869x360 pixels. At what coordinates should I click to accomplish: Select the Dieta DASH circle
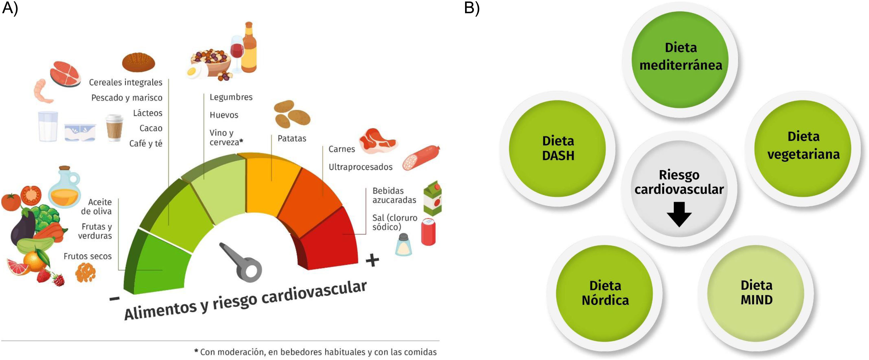[557, 149]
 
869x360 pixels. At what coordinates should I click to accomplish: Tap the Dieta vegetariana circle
[803, 149]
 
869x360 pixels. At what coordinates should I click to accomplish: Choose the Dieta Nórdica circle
[604, 293]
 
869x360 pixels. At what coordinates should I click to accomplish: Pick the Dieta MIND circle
[756, 293]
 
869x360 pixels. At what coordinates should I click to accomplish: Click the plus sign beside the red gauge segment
[372, 260]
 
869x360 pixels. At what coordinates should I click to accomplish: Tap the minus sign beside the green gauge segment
[115, 299]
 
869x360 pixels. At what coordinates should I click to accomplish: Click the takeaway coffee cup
[114, 128]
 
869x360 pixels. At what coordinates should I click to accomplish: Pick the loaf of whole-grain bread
[138, 62]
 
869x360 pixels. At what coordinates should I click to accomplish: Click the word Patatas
[292, 139]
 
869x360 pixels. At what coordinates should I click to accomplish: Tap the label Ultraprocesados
[360, 167]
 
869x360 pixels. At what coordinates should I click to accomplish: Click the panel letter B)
[472, 8]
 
